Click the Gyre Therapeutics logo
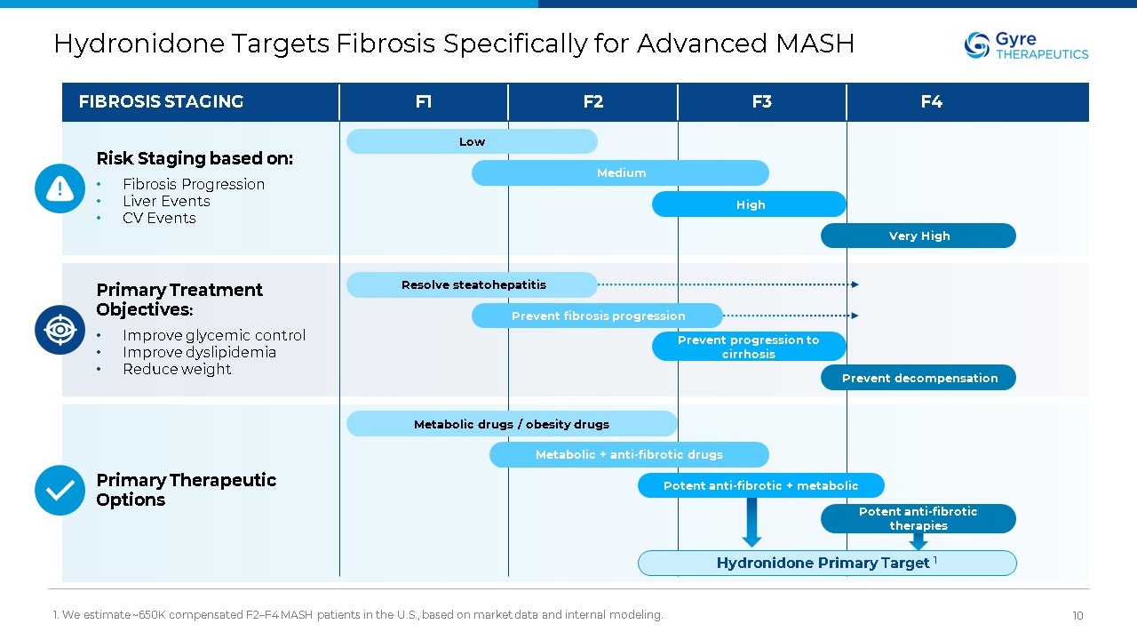(1026, 45)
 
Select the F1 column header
(424, 102)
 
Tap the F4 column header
(931, 102)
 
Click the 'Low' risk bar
(472, 141)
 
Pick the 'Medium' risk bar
(620, 173)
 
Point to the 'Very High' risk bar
(918, 236)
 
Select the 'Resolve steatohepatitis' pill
(472, 285)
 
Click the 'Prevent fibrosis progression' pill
(597, 316)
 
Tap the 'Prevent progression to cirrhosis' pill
(749, 347)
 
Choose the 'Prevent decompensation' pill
(918, 378)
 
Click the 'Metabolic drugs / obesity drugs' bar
(512, 424)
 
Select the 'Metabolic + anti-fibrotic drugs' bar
(629, 455)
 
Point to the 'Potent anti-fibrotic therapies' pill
(918, 518)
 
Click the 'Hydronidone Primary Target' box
(827, 563)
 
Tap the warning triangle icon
(60, 188)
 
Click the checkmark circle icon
(60, 490)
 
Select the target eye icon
(60, 330)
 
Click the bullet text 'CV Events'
(159, 218)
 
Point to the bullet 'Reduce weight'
(177, 369)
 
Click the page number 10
(1077, 616)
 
